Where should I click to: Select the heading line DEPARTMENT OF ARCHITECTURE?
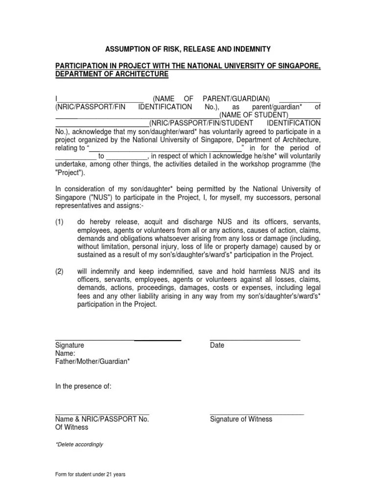tap(112, 74)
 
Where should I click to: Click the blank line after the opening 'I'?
tap(100, 100)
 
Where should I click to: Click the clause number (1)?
tap(60, 222)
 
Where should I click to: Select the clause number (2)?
tap(60, 271)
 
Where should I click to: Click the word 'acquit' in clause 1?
tap(147, 222)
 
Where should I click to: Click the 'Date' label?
tap(217, 345)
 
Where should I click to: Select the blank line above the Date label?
tap(255, 339)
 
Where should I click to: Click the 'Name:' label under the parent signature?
tap(65, 353)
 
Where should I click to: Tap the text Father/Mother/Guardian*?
tap(93, 362)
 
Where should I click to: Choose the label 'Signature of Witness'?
tap(241, 419)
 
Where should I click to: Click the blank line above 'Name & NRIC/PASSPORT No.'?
tap(102, 413)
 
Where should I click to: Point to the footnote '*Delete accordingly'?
tap(79, 445)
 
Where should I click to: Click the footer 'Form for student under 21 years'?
tap(91, 475)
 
